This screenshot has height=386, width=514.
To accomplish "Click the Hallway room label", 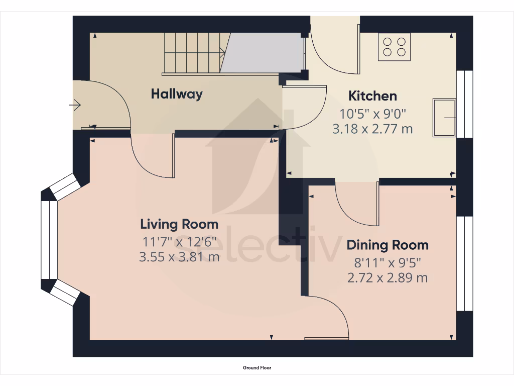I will (177, 94).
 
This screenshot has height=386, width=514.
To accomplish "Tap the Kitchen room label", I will (372, 95).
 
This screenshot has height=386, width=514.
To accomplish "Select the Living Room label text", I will (179, 224).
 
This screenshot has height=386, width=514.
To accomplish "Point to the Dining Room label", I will (388, 245).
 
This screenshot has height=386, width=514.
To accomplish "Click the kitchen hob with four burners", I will (394, 47).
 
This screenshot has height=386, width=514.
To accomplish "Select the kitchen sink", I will (444, 118).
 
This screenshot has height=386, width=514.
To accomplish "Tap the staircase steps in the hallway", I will (193, 53).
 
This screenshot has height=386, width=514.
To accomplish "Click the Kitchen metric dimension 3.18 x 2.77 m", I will (372, 129).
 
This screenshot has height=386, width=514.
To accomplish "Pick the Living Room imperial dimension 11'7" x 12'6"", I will (179, 241).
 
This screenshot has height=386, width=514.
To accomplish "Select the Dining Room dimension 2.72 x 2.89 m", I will (388, 277).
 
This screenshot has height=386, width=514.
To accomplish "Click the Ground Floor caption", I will (257, 368).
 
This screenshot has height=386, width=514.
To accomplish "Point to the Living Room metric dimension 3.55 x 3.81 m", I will (179, 257).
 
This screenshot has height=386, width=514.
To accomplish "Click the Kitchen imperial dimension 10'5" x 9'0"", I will (372, 113).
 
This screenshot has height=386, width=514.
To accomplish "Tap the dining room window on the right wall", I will (464, 264).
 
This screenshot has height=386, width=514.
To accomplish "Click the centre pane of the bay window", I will (49, 240).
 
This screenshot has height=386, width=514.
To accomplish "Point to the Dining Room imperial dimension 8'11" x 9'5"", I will (388, 262).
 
